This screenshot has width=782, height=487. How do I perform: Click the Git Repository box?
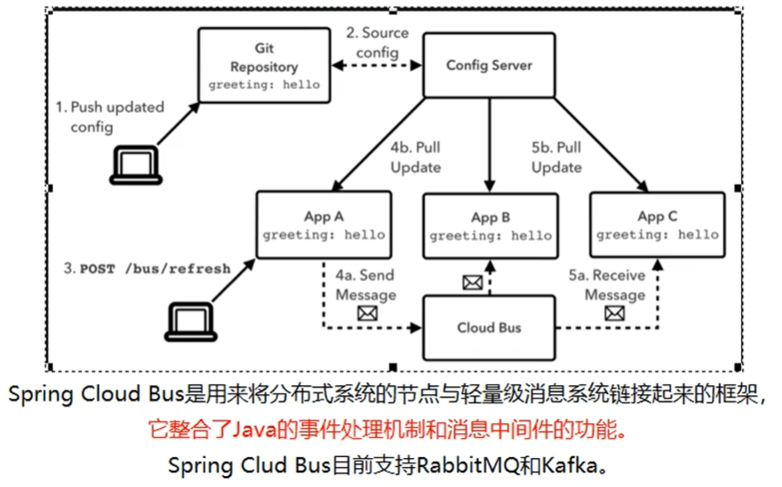pos(264,66)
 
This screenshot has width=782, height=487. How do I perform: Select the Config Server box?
pos(489,66)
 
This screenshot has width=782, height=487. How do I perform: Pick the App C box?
pos(656,225)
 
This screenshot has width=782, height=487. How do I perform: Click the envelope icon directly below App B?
pos(472,283)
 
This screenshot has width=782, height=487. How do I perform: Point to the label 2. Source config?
pos(377,43)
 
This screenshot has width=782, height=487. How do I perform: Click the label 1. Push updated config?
pos(110,117)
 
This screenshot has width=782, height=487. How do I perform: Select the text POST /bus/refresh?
pos(155,269)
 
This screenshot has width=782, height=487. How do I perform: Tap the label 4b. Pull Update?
pos(416,157)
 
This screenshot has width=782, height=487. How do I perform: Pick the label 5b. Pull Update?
pos(556,157)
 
